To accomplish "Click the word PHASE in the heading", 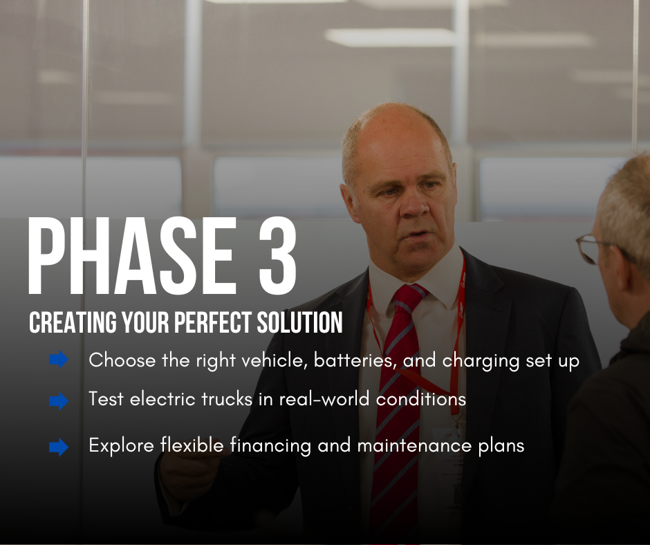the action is tap(132, 256).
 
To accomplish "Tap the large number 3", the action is tap(278, 256).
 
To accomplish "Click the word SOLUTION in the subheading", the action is tap(299, 322).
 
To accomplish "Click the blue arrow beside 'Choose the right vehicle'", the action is tap(59, 360).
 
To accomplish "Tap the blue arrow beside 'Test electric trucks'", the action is tap(59, 401).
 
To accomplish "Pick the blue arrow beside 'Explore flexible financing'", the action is tap(59, 447).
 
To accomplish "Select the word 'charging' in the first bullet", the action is tap(481, 361).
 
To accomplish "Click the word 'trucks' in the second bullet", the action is tap(227, 399).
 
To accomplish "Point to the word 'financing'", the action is tap(270, 446).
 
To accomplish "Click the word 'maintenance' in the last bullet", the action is tap(414, 446).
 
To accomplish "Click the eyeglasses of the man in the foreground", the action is tap(591, 248).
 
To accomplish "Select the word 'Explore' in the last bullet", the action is tap(122, 446).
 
